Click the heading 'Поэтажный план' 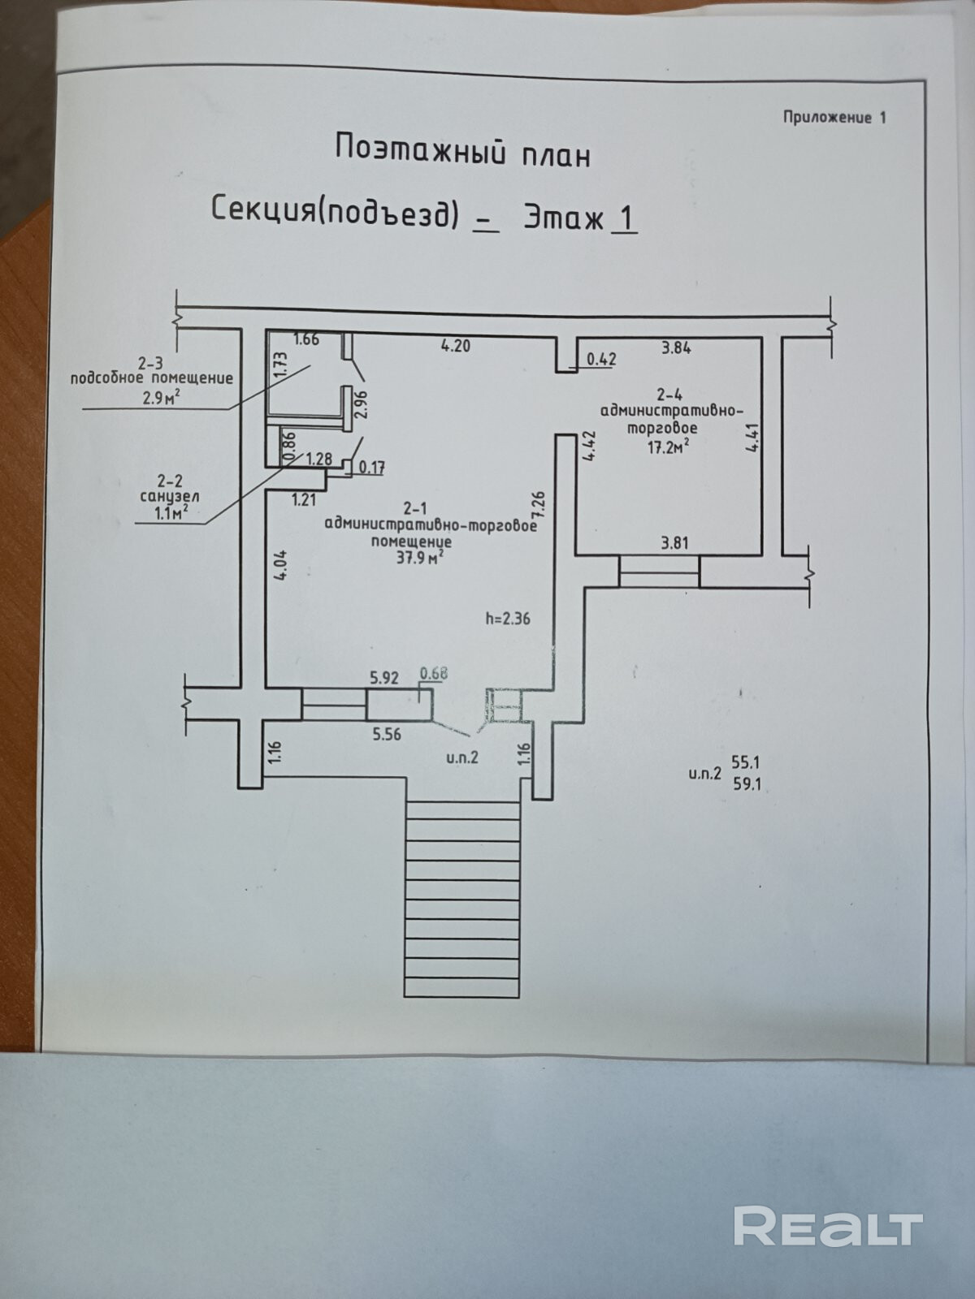tap(463, 151)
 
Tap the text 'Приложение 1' tap(834, 118)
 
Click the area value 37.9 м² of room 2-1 tap(421, 557)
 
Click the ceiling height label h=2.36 tap(507, 619)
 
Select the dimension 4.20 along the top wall tap(456, 345)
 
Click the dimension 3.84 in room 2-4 tap(676, 347)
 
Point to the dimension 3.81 tap(674, 542)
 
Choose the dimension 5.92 tap(384, 678)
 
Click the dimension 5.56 tap(387, 735)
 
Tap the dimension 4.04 tap(280, 567)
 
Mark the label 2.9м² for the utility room tap(161, 398)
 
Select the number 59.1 tap(746, 785)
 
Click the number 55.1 tap(746, 761)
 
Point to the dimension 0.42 tap(601, 359)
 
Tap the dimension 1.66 tap(306, 339)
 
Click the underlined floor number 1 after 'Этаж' tap(626, 219)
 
